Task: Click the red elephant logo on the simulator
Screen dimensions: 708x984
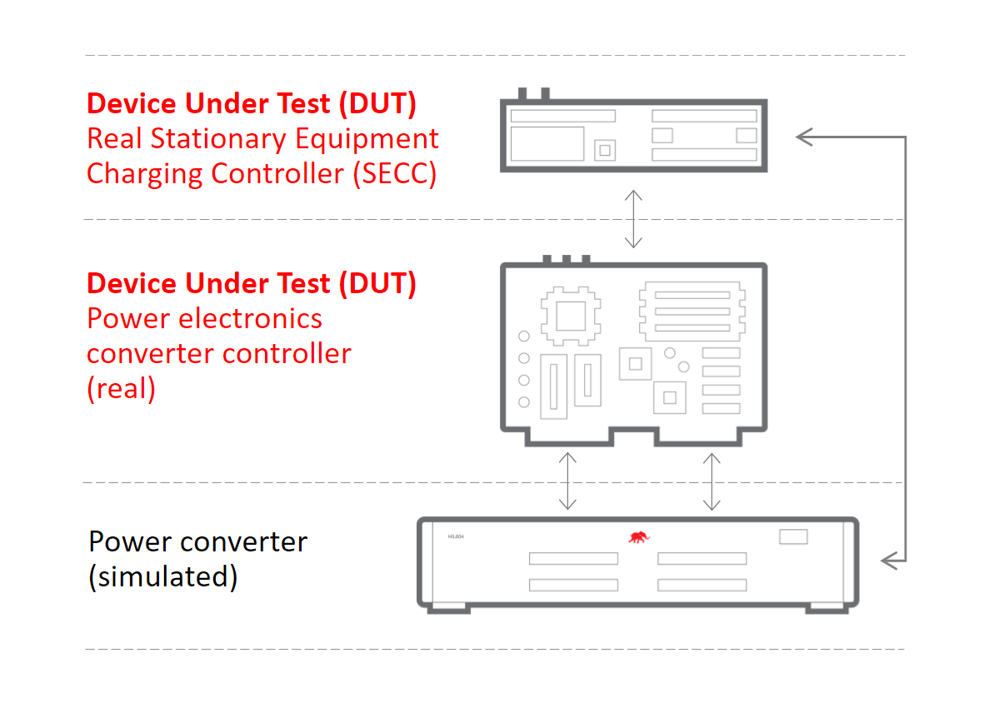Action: (639, 537)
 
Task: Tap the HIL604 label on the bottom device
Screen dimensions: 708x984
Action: (454, 537)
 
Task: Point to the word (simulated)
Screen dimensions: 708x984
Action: (162, 577)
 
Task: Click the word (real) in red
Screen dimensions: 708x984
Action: (121, 389)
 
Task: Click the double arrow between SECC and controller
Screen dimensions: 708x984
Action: (633, 218)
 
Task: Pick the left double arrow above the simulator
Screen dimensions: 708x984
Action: (567, 481)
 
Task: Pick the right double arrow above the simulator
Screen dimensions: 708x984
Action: (712, 481)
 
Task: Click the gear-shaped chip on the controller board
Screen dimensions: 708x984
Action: (571, 317)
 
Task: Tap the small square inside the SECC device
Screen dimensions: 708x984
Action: (606, 150)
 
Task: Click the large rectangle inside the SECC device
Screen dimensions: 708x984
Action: (547, 143)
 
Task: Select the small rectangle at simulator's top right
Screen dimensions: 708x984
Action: (793, 537)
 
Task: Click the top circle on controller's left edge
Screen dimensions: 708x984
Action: (524, 337)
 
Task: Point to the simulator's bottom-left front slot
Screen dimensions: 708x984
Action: (573, 586)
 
